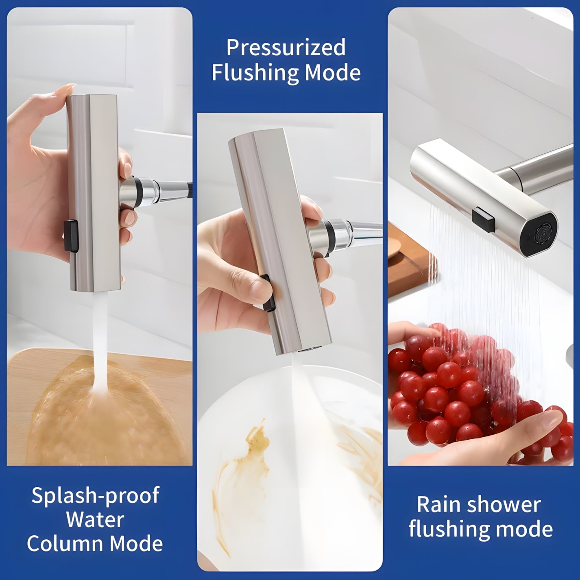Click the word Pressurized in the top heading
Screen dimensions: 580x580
286,48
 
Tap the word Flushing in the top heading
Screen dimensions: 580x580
253,73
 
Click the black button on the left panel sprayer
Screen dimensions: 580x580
71,236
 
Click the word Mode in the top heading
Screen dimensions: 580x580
333,72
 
